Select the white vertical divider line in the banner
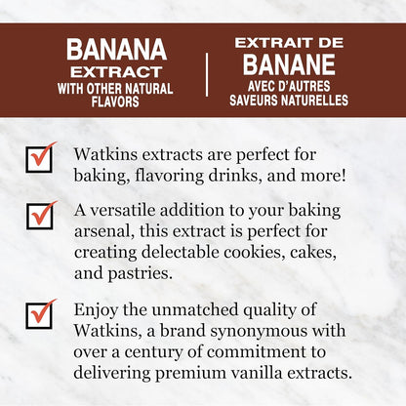pyautogui.click(x=206, y=75)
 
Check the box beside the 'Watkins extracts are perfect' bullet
pyautogui.click(x=40, y=158)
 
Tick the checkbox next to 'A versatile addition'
pyautogui.click(x=40, y=215)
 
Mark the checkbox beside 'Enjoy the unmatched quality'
pyautogui.click(x=40, y=312)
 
